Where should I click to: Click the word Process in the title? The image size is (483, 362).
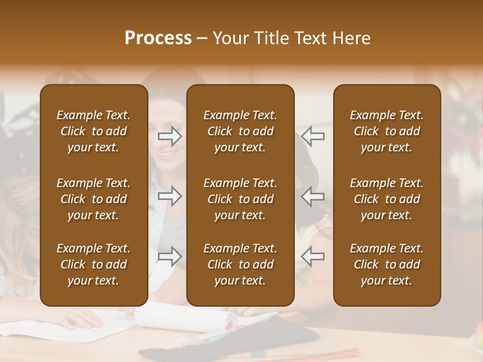pyautogui.click(x=158, y=38)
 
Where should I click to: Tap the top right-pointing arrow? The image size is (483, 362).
pyautogui.click(x=170, y=136)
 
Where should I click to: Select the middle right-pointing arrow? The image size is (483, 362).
pyautogui.click(x=170, y=196)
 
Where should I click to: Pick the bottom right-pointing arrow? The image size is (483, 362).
pyautogui.click(x=170, y=256)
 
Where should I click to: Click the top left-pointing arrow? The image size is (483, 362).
pyautogui.click(x=313, y=136)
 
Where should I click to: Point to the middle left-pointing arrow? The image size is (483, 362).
pyautogui.click(x=313, y=196)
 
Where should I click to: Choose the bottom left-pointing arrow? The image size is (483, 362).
pyautogui.click(x=313, y=256)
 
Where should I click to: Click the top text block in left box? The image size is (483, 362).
pyautogui.click(x=94, y=131)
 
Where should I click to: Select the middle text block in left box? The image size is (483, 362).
pyautogui.click(x=94, y=199)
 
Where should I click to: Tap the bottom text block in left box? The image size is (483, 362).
pyautogui.click(x=94, y=264)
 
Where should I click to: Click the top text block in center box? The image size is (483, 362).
pyautogui.click(x=240, y=131)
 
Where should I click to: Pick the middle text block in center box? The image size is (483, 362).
pyautogui.click(x=240, y=199)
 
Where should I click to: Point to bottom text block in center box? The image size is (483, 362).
pyautogui.click(x=240, y=264)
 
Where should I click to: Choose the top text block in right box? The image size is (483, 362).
pyautogui.click(x=387, y=131)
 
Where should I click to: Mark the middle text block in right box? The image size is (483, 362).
pyautogui.click(x=387, y=199)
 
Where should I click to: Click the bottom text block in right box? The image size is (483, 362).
pyautogui.click(x=387, y=264)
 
